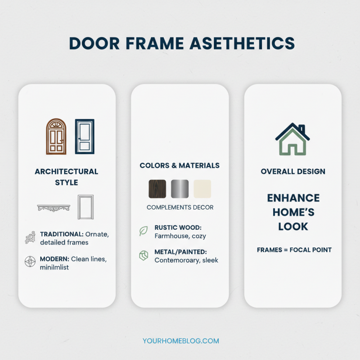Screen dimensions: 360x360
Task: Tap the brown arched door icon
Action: click(x=56, y=136)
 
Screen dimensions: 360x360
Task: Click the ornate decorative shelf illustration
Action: click(x=54, y=208)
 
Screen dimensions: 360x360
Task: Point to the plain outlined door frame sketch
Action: click(x=85, y=207)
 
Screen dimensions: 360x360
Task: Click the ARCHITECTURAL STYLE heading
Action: click(x=67, y=177)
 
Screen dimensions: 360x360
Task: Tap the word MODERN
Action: click(x=54, y=260)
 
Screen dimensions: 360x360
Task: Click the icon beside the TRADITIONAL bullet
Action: click(x=30, y=238)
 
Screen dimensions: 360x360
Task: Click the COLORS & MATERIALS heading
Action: click(x=180, y=166)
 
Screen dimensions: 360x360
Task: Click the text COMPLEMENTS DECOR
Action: click(x=180, y=207)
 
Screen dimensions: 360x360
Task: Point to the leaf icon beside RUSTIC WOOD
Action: click(x=144, y=231)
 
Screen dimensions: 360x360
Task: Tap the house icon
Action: click(x=292, y=139)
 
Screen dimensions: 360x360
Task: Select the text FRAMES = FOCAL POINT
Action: click(x=294, y=250)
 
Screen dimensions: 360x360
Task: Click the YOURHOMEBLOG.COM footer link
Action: click(x=180, y=341)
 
